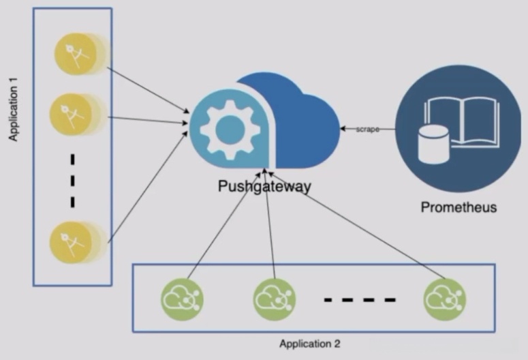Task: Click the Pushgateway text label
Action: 264,186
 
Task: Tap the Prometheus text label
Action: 459,207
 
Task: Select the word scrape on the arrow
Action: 368,129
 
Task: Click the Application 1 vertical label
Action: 13,110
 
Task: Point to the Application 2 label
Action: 310,344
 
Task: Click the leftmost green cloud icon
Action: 182,299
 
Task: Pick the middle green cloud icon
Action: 275,299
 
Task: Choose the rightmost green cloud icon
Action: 445,299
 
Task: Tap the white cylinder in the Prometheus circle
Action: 433,145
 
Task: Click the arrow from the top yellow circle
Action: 148,90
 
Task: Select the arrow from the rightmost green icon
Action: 357,226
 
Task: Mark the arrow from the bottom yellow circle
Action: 147,187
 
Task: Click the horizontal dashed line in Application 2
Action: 360,300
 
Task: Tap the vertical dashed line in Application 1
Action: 72,181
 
